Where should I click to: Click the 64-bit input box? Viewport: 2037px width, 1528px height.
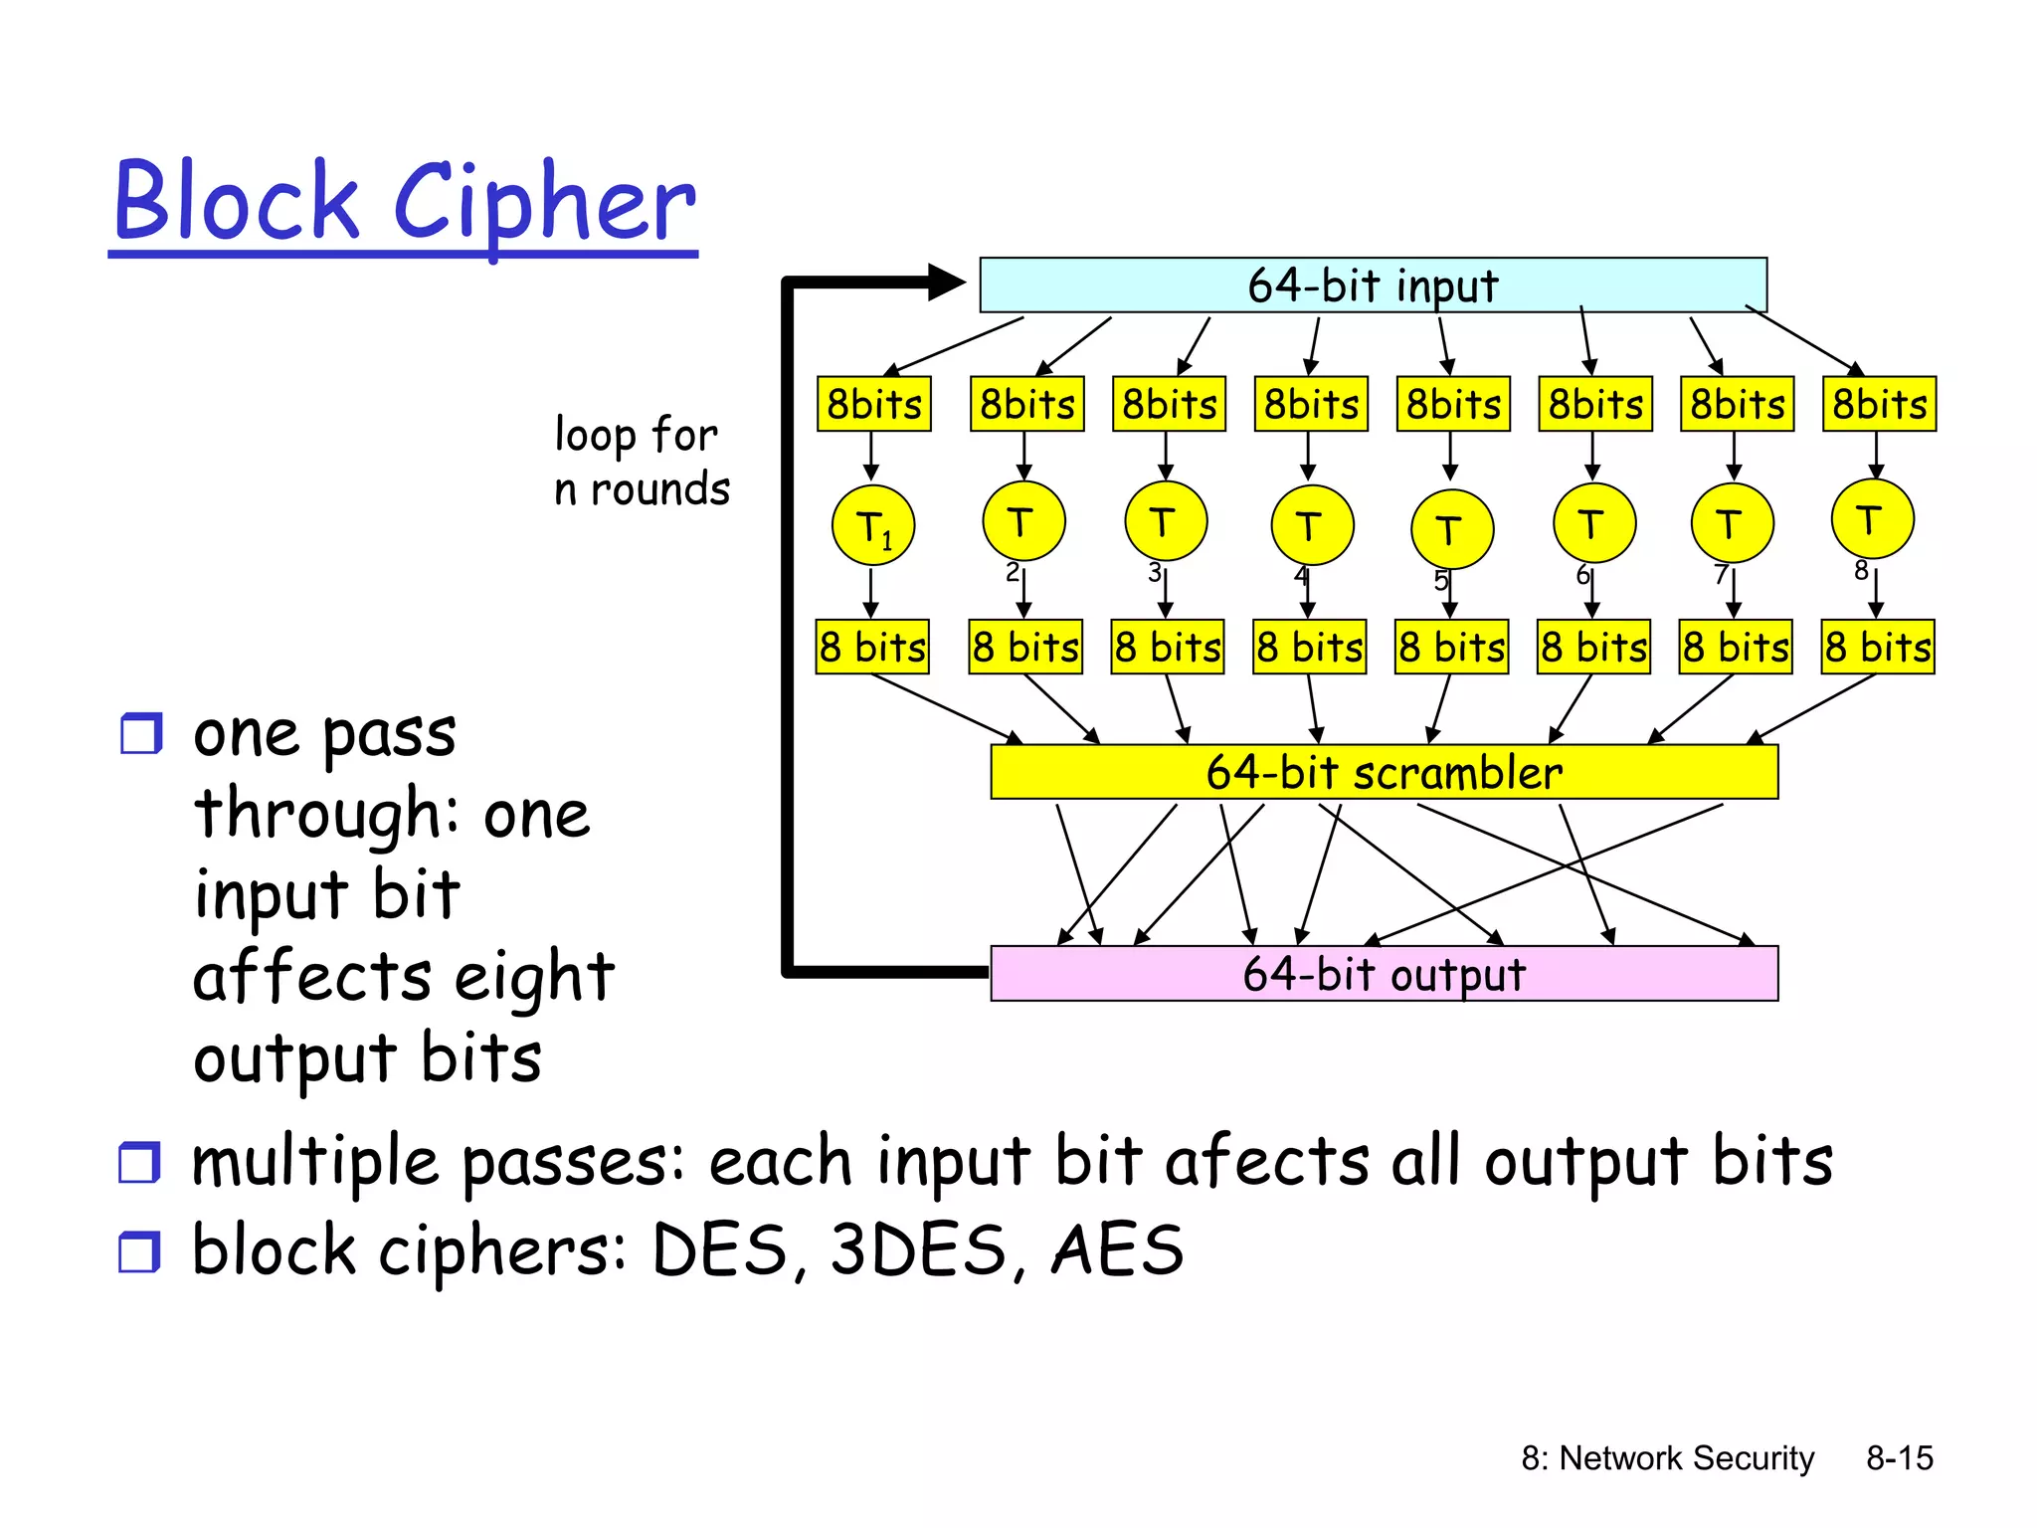[1373, 286]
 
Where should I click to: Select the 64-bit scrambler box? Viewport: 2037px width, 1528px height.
[1384, 772]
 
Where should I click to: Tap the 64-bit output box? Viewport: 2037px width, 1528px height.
[1384, 974]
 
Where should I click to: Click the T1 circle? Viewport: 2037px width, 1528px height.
[872, 525]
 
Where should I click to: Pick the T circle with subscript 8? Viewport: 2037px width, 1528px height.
[1872, 519]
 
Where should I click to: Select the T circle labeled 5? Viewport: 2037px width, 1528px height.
[1451, 529]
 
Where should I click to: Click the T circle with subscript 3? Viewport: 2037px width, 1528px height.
[1165, 521]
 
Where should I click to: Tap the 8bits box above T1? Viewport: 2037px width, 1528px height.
[873, 404]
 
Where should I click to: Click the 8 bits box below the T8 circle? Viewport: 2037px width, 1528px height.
[1878, 648]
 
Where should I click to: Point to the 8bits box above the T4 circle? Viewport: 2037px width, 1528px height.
[1311, 404]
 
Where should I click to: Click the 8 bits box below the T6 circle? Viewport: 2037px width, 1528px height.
[1593, 648]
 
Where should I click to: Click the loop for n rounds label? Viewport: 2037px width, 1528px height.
[641, 462]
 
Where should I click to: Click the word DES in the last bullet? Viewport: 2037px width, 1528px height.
[719, 1250]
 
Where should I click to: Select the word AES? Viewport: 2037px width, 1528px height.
[1117, 1250]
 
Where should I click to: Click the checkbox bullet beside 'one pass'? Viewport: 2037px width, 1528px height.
[140, 734]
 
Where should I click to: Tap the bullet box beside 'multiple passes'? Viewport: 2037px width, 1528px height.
[139, 1162]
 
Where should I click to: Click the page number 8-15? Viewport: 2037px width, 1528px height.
[1899, 1458]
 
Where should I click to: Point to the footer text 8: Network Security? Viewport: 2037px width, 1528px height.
[1667, 1458]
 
